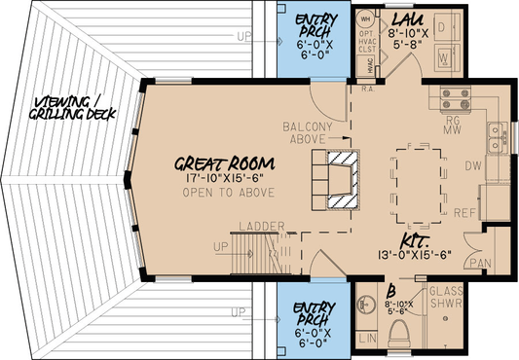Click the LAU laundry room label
(404, 18)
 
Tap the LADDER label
(260, 227)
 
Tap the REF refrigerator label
(464, 212)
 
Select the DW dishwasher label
(473, 166)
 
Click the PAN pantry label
(478, 264)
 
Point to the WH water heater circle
(366, 18)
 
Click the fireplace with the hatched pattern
(342, 180)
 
